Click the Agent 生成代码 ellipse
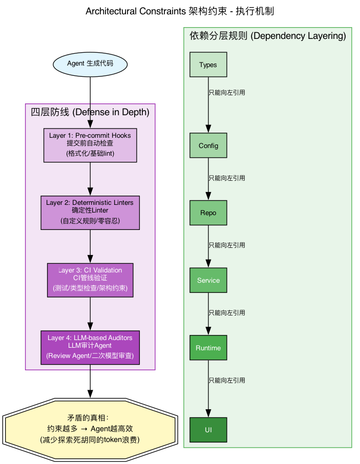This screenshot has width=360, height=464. pos(90,64)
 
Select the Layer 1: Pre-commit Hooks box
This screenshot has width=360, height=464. pos(90,145)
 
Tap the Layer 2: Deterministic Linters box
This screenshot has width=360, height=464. pos(90,213)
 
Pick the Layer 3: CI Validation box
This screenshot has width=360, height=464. pos(90,280)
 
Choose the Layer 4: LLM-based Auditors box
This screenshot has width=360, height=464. pos(90,347)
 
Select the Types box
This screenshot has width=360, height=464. pos(208,65)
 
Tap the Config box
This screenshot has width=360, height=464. pos(208,145)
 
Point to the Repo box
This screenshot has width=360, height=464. pos(208,213)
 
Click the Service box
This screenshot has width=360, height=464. pos(208,280)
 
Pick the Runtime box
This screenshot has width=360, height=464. pos(208,348)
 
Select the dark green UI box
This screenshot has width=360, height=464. pos(208,429)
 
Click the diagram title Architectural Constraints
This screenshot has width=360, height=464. pos(180,11)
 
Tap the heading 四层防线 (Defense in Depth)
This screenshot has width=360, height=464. pos(90,112)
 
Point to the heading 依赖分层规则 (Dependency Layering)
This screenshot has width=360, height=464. pos(267,36)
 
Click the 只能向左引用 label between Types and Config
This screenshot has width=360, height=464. pos(227,93)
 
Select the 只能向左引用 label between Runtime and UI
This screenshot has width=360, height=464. pos(227,381)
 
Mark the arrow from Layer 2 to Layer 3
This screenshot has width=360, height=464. pos(90,246)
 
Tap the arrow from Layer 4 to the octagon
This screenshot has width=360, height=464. pos(90,381)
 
